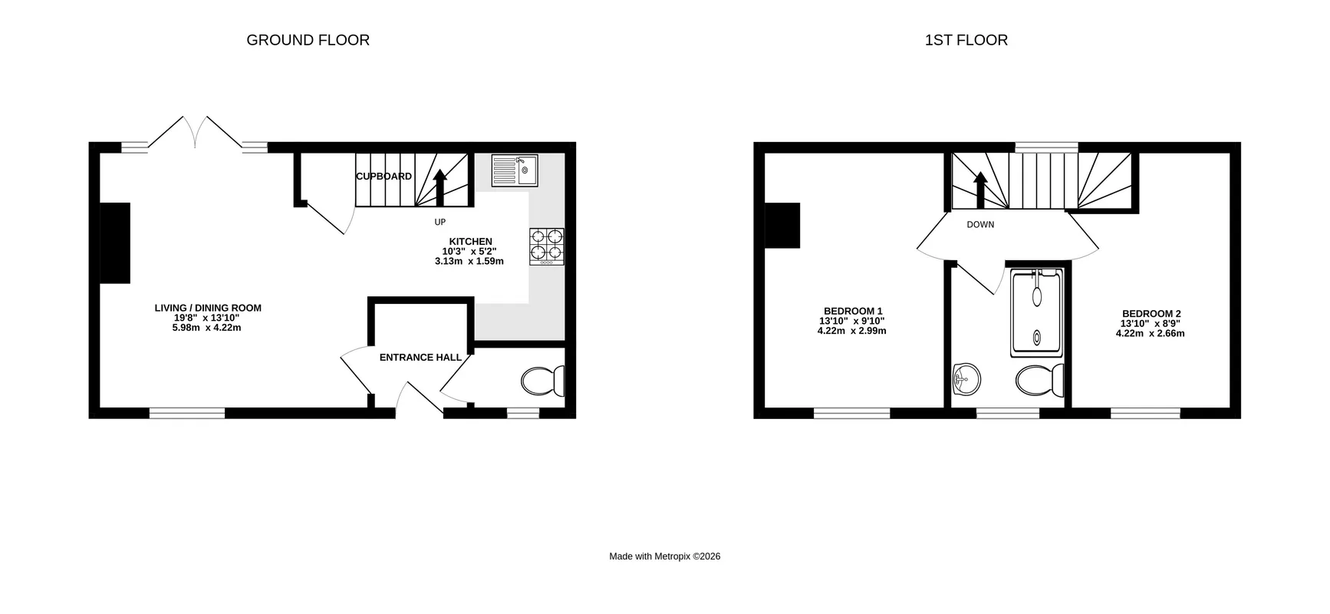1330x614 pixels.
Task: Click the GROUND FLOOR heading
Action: (x=308, y=40)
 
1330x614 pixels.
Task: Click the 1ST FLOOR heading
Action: (x=966, y=40)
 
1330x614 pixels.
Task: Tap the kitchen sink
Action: (x=515, y=171)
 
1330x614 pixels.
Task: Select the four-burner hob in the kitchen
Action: (x=547, y=247)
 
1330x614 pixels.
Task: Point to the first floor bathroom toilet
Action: (x=1040, y=379)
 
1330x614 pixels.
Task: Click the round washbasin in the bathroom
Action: (x=966, y=379)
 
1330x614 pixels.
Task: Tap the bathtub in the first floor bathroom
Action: (x=1037, y=311)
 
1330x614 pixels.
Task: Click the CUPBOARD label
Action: (x=384, y=177)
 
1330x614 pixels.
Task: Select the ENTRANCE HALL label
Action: (x=420, y=358)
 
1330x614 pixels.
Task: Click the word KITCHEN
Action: (x=470, y=242)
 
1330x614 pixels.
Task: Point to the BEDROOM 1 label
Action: (x=852, y=312)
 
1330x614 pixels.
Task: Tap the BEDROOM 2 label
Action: (x=1151, y=314)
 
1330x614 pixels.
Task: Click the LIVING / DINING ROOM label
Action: (x=208, y=309)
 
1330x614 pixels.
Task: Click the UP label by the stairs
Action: (x=439, y=223)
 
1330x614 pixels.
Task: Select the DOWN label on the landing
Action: (x=980, y=225)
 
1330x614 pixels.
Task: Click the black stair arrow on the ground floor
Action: (x=439, y=187)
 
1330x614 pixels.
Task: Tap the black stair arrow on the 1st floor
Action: (x=979, y=190)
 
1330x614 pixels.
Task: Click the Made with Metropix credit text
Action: (x=665, y=556)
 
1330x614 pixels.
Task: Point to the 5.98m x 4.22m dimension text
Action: (x=206, y=328)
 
